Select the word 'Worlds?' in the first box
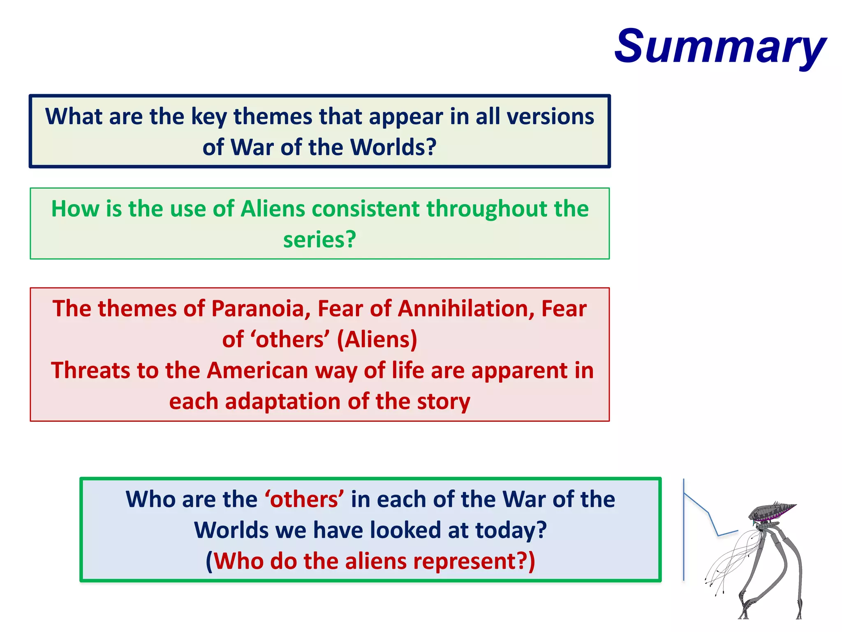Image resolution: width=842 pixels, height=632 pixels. pos(393,147)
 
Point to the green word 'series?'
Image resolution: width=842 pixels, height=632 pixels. pos(319,239)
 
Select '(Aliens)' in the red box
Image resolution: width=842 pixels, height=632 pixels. pos(377,340)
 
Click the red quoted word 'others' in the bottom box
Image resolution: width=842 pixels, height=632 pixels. pos(304,500)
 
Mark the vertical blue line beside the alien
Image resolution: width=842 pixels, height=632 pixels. pos(684,531)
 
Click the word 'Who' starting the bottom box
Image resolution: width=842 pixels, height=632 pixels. pos(150,500)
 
